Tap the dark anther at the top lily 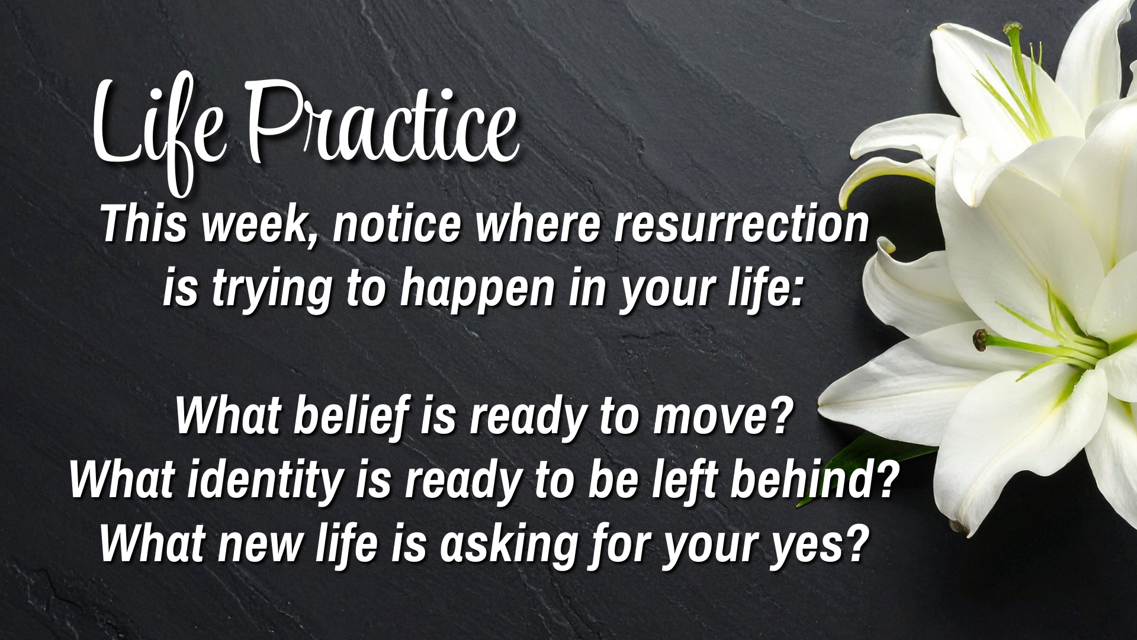coord(1012,28)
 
